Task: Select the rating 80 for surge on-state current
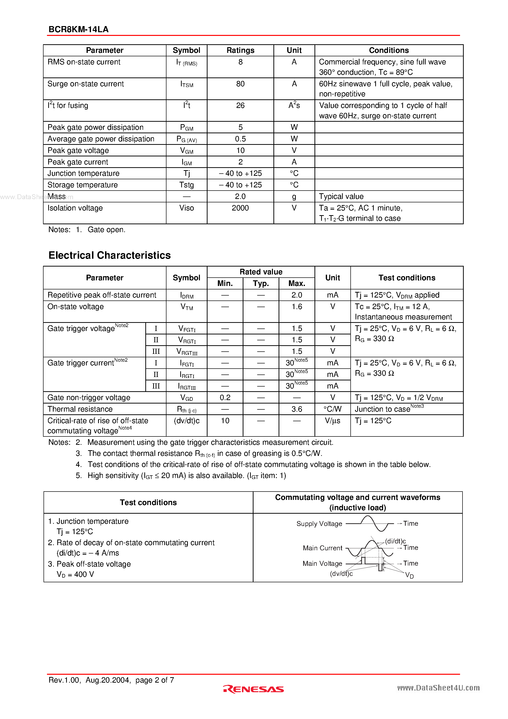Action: tap(240, 84)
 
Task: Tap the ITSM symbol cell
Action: tap(187, 84)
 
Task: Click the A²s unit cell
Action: tap(294, 105)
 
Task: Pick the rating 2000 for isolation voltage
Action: tap(240, 208)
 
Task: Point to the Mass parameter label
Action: tap(57, 196)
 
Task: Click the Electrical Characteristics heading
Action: tap(110, 255)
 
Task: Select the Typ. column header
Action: tap(261, 284)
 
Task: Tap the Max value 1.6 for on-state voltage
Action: tap(297, 307)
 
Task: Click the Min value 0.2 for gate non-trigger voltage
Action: tap(225, 397)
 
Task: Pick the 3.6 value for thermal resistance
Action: tap(297, 409)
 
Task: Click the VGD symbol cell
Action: tap(187, 398)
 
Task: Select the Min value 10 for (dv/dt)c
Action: tap(225, 420)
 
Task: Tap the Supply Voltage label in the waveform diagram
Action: tap(319, 524)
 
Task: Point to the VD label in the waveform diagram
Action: tap(409, 575)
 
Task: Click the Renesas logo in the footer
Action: tap(253, 689)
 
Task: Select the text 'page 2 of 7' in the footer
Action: tap(155, 680)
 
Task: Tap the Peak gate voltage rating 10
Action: tap(240, 150)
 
